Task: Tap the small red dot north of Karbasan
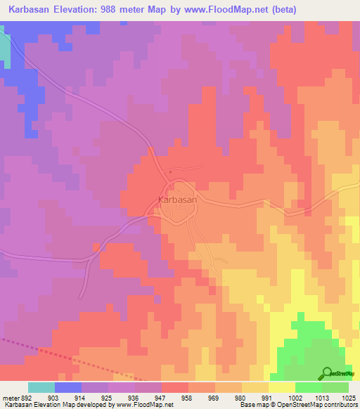170,171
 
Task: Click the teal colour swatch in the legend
41,387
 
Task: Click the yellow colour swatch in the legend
281,387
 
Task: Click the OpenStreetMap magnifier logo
327,372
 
